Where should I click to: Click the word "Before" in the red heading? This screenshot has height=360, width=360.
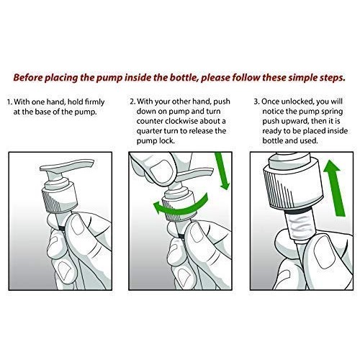click(x=28, y=78)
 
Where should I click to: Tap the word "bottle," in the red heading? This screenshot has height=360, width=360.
click(x=184, y=78)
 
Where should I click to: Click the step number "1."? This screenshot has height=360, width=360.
click(x=9, y=102)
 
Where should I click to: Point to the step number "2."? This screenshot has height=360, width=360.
click(x=132, y=102)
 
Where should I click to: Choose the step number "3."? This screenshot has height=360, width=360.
click(x=257, y=102)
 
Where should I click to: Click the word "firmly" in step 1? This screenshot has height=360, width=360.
click(x=95, y=102)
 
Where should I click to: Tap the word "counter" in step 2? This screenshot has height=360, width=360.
click(x=150, y=121)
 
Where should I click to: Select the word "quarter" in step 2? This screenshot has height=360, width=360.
click(x=149, y=131)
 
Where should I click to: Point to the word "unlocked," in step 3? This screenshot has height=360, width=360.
click(x=297, y=102)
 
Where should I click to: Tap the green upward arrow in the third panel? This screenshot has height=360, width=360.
click(x=334, y=188)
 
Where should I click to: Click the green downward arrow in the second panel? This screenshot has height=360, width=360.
click(x=222, y=171)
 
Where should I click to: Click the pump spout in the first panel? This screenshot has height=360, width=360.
click(x=66, y=166)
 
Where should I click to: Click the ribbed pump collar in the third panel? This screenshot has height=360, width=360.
click(x=292, y=187)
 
